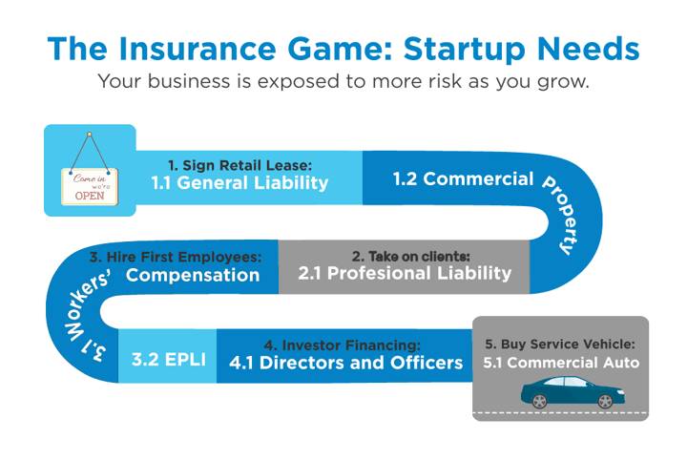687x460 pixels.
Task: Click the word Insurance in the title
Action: (198, 48)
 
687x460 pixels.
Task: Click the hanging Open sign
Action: (90, 186)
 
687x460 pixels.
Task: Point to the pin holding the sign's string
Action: (90, 134)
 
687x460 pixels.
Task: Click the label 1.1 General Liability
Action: (239, 182)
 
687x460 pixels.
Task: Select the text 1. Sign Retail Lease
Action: (239, 165)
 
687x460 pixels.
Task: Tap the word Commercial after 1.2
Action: (478, 178)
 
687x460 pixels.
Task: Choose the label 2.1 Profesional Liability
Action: (405, 273)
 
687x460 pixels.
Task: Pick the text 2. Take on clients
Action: (411, 256)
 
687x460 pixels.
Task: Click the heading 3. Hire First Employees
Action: (176, 257)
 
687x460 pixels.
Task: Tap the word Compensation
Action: (193, 275)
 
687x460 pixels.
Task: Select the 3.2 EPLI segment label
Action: (169, 359)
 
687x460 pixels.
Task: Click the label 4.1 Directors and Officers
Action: (346, 363)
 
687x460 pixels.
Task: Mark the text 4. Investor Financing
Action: (343, 345)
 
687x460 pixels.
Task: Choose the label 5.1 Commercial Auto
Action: (561, 363)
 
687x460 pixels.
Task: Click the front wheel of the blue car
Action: (605, 401)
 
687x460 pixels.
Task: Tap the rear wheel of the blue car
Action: (539, 401)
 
